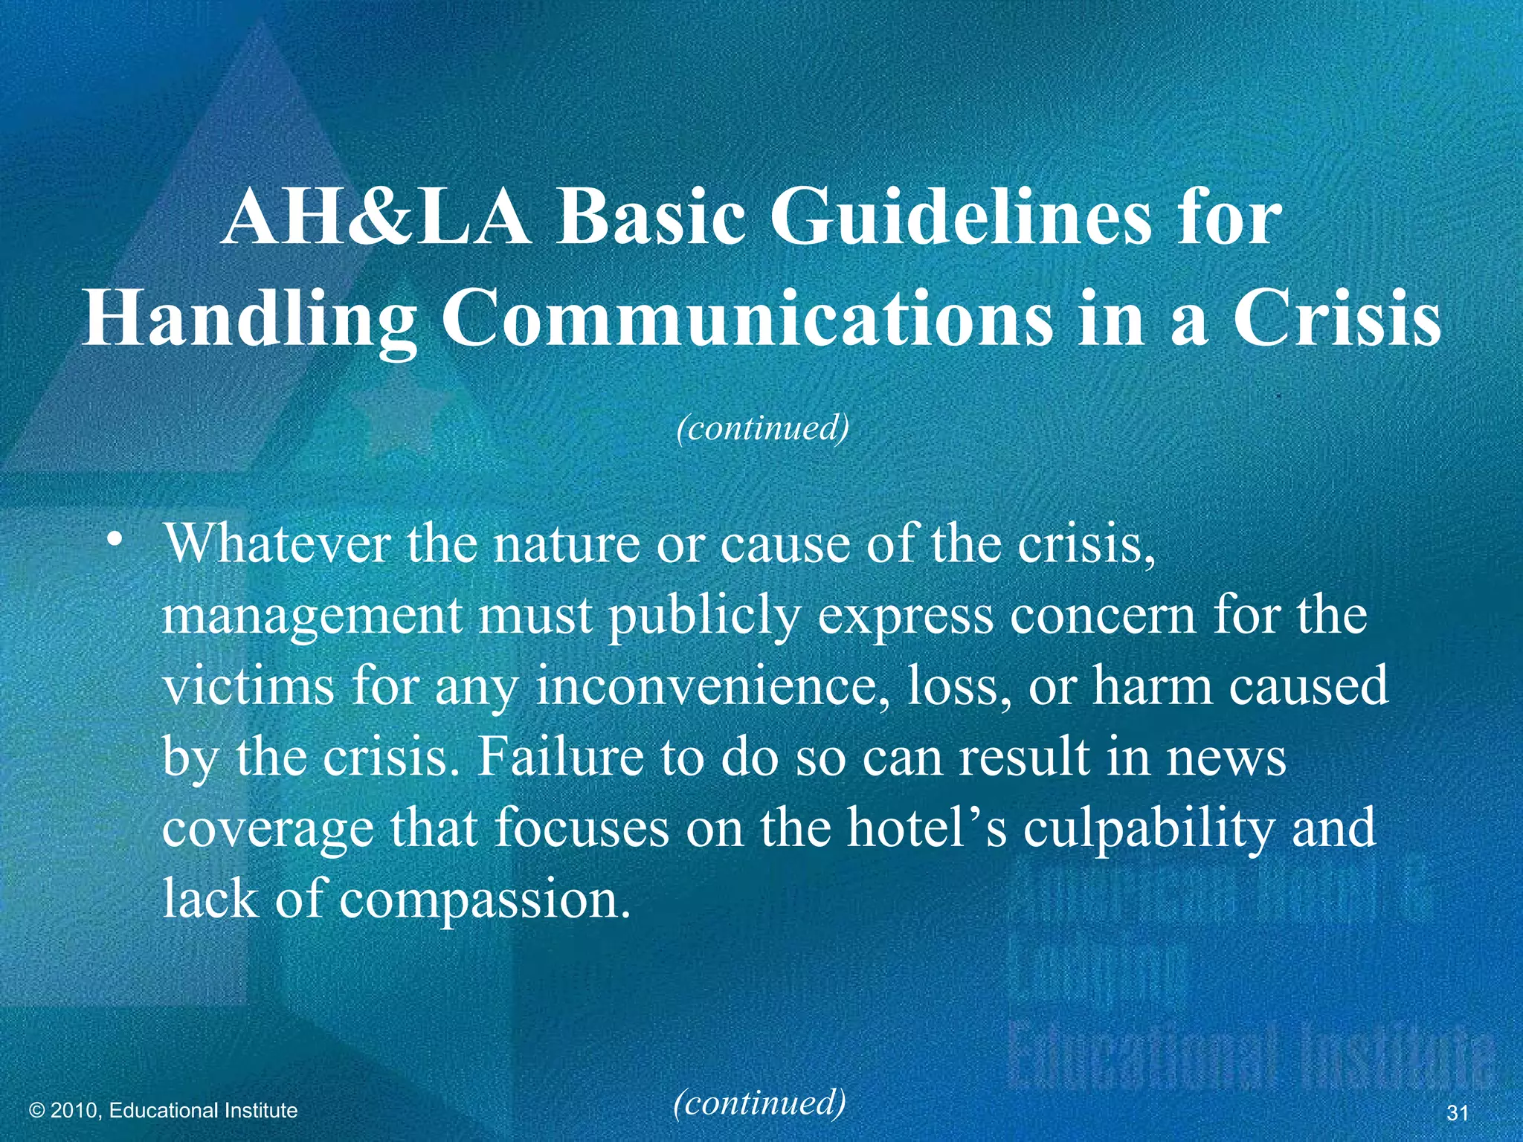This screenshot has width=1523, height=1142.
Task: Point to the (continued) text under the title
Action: pos(762,428)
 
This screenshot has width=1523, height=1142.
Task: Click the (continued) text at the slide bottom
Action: pos(759,1103)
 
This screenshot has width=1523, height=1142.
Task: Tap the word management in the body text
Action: pos(312,618)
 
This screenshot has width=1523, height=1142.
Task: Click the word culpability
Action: pos(1147,829)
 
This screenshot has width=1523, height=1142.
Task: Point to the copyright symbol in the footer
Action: pos(37,1111)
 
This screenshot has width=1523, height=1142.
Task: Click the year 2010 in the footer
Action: pos(76,1111)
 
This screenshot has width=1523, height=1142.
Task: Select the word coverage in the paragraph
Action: pos(268,829)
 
